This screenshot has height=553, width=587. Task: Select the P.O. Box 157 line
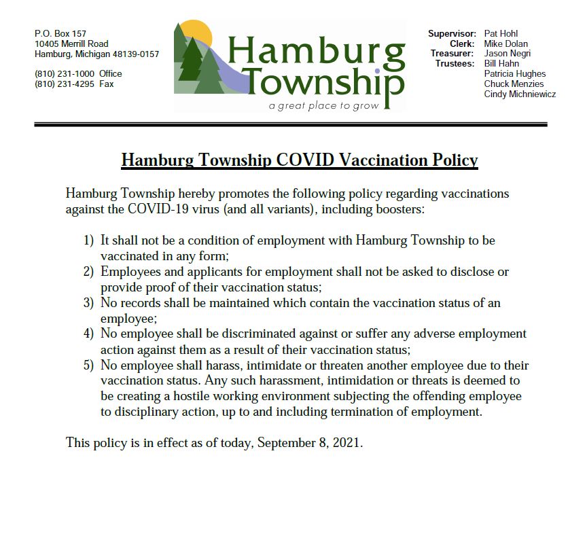60,33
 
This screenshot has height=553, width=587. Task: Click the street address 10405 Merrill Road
71,43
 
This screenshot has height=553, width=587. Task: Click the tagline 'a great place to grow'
323,106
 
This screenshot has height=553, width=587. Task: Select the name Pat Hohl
501,33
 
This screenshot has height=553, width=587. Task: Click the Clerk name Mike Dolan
506,43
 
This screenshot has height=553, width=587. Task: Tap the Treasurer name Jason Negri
508,54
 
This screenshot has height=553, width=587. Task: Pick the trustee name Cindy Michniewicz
520,94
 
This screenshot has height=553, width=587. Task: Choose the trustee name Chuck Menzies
514,84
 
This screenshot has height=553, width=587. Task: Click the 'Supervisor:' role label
452,33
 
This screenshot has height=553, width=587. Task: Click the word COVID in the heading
306,160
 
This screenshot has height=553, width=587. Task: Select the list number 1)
88,240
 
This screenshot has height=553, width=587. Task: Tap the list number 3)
88,303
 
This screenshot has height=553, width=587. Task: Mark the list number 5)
88,365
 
